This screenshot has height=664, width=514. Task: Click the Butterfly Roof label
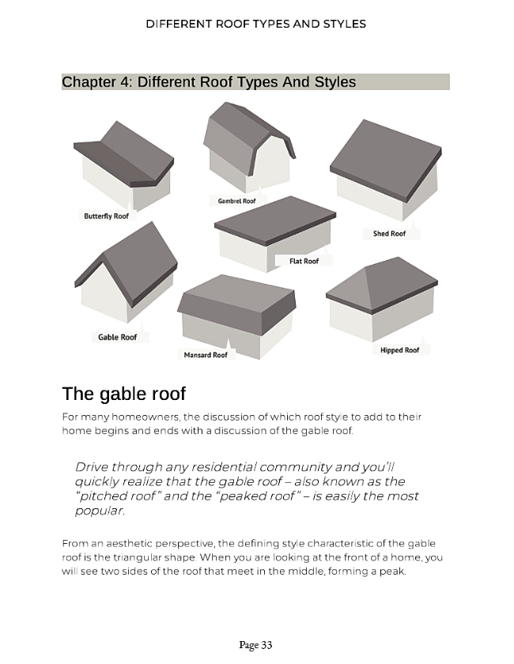(x=107, y=216)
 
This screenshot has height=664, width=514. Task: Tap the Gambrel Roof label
(x=237, y=201)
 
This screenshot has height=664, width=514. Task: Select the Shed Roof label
(x=389, y=233)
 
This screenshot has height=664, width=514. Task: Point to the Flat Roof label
(x=304, y=261)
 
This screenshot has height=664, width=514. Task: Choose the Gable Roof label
(x=117, y=337)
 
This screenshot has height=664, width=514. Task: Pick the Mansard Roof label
(x=206, y=355)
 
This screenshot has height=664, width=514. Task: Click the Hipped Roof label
(x=399, y=349)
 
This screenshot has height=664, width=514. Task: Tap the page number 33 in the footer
(x=266, y=644)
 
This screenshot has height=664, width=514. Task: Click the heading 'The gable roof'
(x=123, y=394)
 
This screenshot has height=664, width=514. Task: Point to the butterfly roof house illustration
(x=123, y=165)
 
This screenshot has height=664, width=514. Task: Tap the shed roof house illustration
(x=386, y=170)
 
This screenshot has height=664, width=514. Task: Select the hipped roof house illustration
(x=382, y=299)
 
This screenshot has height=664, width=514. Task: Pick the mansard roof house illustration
(x=236, y=316)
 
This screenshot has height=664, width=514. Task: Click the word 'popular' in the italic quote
(x=99, y=511)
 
